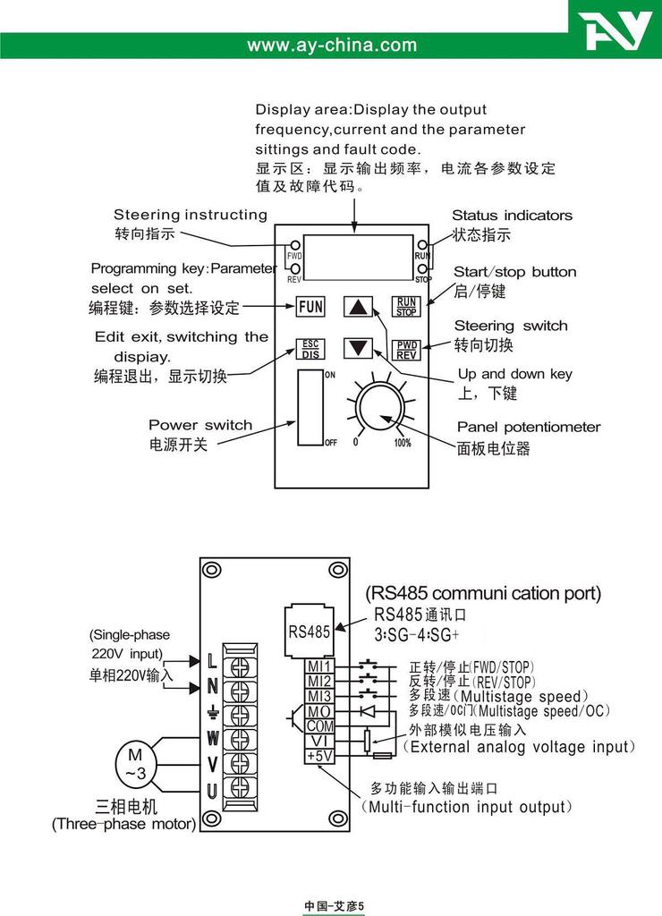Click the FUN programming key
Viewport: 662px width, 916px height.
[310, 306]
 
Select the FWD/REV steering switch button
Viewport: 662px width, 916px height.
[407, 349]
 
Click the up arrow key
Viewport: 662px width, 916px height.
[359, 307]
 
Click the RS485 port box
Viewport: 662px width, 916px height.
[309, 630]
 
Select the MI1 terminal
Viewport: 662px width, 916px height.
[319, 666]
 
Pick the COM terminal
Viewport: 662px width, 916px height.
[319, 726]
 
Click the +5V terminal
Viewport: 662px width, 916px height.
[319, 756]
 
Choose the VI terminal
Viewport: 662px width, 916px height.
[319, 742]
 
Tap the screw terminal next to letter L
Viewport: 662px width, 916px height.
[241, 664]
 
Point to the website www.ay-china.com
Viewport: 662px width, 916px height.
[331, 45]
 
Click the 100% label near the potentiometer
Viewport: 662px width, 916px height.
[403, 443]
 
